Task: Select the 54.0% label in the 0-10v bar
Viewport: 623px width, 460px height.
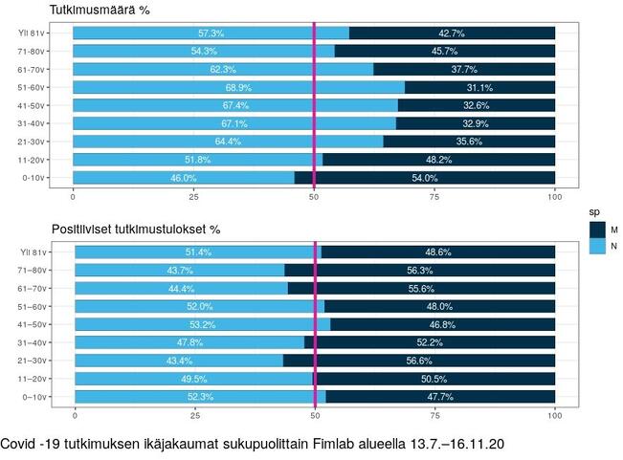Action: (x=424, y=178)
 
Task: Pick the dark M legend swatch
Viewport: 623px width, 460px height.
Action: (x=596, y=230)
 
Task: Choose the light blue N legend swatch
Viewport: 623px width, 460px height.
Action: (x=596, y=247)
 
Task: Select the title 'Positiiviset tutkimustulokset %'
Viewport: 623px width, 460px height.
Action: (x=136, y=230)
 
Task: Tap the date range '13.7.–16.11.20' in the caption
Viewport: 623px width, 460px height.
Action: (x=450, y=445)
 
